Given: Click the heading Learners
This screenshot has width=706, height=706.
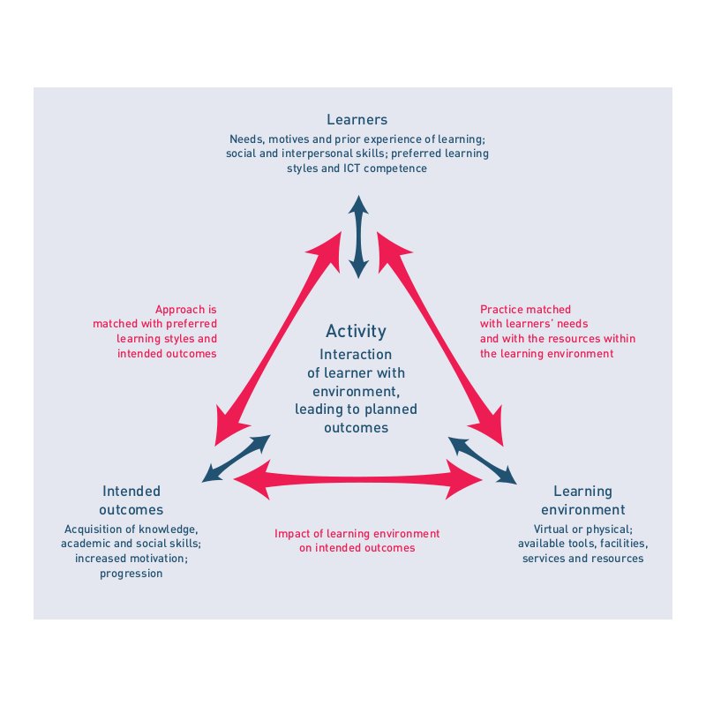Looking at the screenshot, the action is [357, 119].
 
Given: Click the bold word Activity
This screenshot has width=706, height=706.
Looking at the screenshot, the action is [356, 332].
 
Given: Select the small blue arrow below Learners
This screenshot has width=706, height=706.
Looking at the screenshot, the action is [358, 237].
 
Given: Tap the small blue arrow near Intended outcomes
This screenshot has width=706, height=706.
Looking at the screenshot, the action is [236, 458].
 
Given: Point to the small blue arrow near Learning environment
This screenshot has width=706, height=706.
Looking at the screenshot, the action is [482, 461].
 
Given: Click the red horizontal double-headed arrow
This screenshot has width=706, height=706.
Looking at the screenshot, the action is [358, 479].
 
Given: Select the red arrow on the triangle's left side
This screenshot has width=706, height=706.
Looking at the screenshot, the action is [278, 339].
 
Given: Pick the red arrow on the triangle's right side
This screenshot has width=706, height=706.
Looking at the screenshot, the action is [439, 339].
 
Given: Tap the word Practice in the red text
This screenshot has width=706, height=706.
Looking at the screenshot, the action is [499, 310].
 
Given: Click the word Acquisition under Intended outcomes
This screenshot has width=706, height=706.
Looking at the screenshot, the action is [94, 529].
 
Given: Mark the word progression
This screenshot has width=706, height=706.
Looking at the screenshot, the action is [131, 574].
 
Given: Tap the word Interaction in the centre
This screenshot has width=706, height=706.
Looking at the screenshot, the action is [356, 355].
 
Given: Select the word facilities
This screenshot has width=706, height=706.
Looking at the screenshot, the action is [624, 544].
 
